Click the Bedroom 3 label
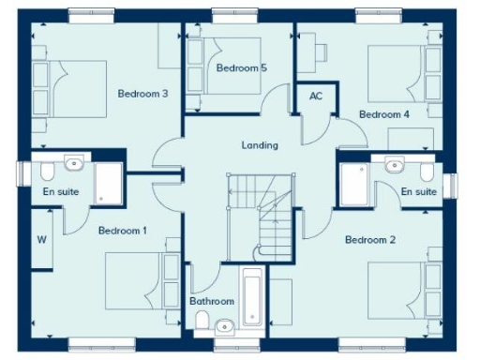point(142,94)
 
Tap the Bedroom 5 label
point(242,68)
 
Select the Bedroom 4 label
point(384,114)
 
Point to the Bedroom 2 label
point(370,240)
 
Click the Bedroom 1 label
point(123,231)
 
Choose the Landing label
point(260,144)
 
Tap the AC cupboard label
point(316,97)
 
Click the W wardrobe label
point(42,239)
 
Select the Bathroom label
point(212,302)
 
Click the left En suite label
point(61,191)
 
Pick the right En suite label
point(419,191)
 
